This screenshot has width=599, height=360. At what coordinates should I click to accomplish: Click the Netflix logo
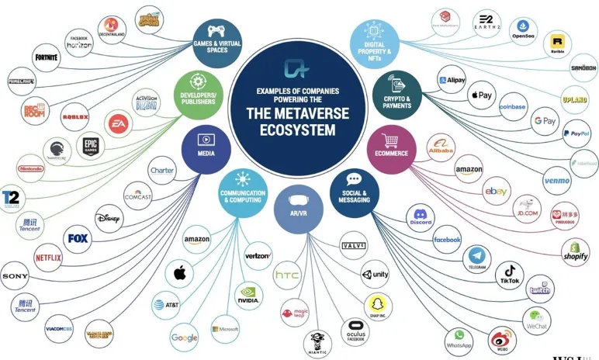click(47, 256)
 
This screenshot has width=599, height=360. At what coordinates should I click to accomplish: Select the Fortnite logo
click(46, 58)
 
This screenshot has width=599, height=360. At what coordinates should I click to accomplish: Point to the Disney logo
click(108, 219)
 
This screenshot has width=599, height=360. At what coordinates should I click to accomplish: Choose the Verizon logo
click(257, 255)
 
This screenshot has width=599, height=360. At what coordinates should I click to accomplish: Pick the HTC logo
click(287, 275)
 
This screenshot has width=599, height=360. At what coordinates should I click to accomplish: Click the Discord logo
click(421, 216)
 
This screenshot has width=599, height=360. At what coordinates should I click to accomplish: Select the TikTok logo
click(511, 273)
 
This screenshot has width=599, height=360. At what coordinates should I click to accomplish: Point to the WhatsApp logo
click(459, 341)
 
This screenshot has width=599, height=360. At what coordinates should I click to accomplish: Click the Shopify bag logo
click(575, 251)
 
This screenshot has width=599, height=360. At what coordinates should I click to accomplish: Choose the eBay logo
click(496, 191)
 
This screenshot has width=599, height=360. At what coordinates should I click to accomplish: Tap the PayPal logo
click(576, 133)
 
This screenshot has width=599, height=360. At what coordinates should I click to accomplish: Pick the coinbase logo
click(513, 107)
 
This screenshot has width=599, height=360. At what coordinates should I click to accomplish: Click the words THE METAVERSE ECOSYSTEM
click(298, 123)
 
